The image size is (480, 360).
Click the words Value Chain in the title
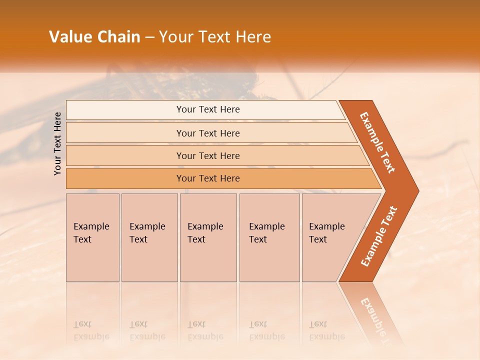pyautogui.click(x=94, y=37)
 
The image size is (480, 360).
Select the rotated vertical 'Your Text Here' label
pyautogui.click(x=57, y=143)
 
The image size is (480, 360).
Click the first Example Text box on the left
pyautogui.click(x=92, y=237)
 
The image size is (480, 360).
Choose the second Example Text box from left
pyautogui.click(x=149, y=237)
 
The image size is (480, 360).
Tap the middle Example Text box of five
pyautogui.click(x=208, y=237)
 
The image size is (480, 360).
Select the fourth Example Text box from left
pyautogui.click(x=269, y=237)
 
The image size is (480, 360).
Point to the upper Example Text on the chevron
pyautogui.click(x=377, y=142)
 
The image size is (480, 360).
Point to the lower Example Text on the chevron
pyautogui.click(x=378, y=236)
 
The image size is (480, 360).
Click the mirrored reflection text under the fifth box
pyautogui.click(x=327, y=331)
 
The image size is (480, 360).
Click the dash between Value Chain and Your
pyautogui.click(x=149, y=37)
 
